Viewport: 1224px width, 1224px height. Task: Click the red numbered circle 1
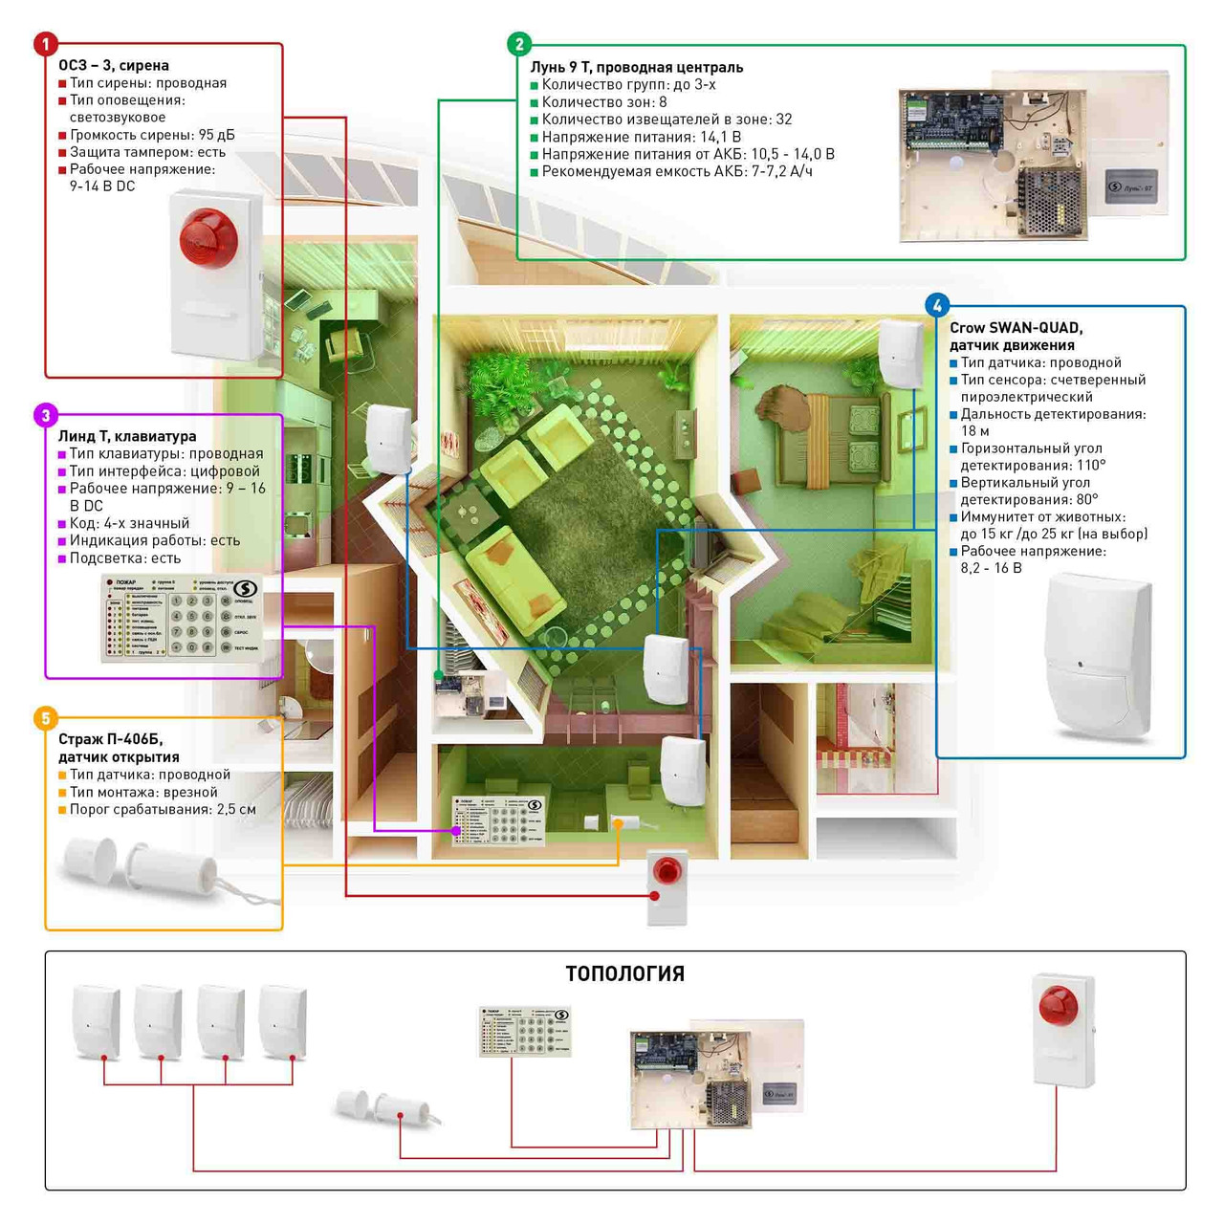pos(45,44)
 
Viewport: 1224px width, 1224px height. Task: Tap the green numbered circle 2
pos(518,44)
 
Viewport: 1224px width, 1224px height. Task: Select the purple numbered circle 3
pos(45,415)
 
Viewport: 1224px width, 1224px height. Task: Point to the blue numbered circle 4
pos(937,305)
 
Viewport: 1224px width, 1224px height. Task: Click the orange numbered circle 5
pos(45,718)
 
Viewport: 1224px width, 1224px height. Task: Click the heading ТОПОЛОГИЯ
pos(624,973)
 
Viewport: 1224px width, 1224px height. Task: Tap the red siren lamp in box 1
pos(208,237)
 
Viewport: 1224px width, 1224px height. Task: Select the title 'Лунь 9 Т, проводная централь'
pos(636,67)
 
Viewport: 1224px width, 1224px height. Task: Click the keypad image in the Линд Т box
pos(181,618)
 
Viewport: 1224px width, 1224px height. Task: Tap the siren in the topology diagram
pos(1063,1030)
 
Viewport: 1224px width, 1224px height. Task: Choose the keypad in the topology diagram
pos(524,1031)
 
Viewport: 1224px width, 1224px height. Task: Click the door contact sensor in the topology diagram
pos(387,1108)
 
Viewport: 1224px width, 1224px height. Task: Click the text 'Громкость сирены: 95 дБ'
pos(151,135)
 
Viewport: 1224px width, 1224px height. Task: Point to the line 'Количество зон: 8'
pos(603,102)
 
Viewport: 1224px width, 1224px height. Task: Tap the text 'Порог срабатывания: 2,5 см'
pos(162,809)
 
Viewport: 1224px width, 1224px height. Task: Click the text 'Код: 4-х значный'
pos(129,523)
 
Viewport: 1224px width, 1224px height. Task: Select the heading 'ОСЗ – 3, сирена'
pos(114,65)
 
